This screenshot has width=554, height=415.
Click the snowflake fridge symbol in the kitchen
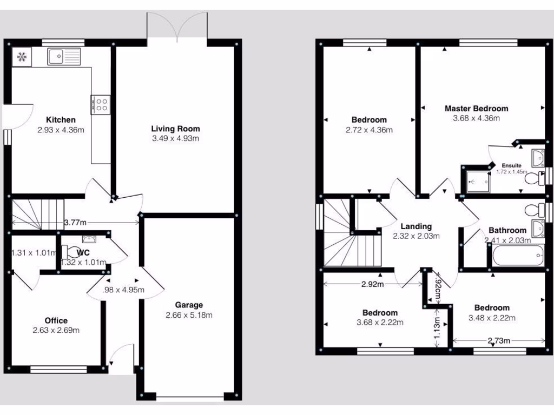(22, 56)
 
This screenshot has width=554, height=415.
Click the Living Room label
(175, 129)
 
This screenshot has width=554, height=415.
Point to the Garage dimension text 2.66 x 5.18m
(189, 315)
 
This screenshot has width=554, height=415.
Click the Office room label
(56, 320)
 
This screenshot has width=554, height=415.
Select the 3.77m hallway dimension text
(75, 222)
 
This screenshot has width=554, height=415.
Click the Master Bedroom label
(476, 108)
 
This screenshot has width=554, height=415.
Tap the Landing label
(416, 226)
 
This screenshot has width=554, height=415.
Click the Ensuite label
(511, 165)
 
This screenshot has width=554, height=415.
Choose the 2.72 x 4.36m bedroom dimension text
(369, 130)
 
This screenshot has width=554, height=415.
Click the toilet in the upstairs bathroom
(533, 210)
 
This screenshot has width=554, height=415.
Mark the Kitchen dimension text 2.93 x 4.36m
(61, 130)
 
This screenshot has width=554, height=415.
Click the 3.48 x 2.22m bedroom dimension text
(492, 318)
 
